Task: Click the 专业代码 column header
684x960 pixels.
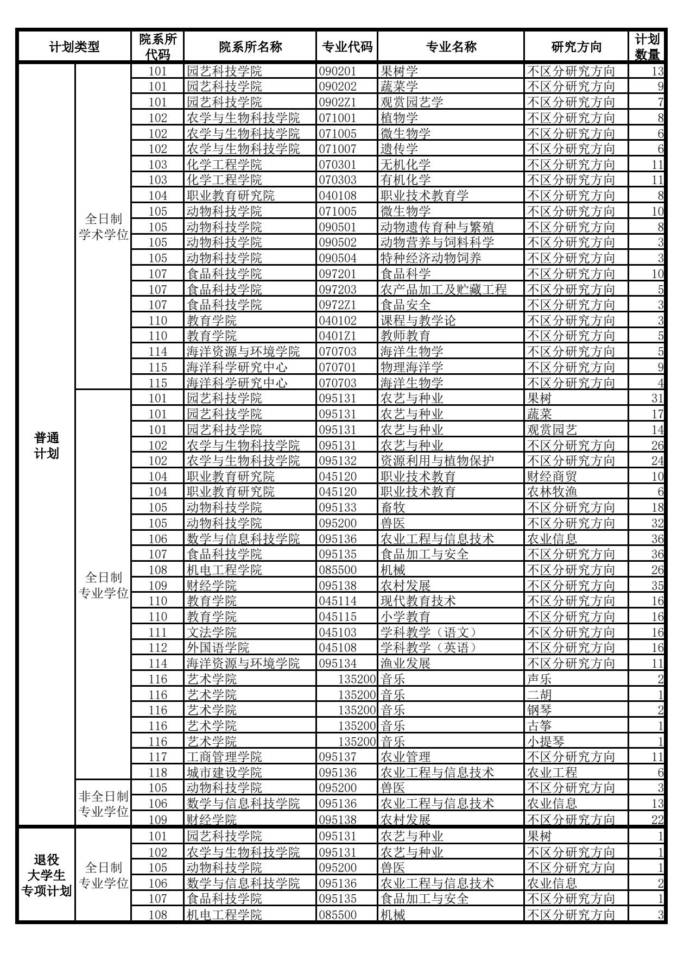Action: point(347,47)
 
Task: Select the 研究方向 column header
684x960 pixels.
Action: point(576,47)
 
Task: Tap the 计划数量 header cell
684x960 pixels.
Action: point(647,47)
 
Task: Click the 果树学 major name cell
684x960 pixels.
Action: point(400,71)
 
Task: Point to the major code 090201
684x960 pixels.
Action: point(338,71)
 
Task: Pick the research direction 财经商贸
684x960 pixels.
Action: point(552,477)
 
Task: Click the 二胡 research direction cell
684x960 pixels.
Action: point(540,695)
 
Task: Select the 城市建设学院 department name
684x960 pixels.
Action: point(224,773)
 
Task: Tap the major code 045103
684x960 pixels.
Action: point(338,632)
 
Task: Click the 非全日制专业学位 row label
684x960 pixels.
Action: point(103,804)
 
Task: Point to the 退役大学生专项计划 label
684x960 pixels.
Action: point(46,875)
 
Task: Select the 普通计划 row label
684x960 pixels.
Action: point(46,446)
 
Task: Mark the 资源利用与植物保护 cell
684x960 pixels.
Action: point(438,461)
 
